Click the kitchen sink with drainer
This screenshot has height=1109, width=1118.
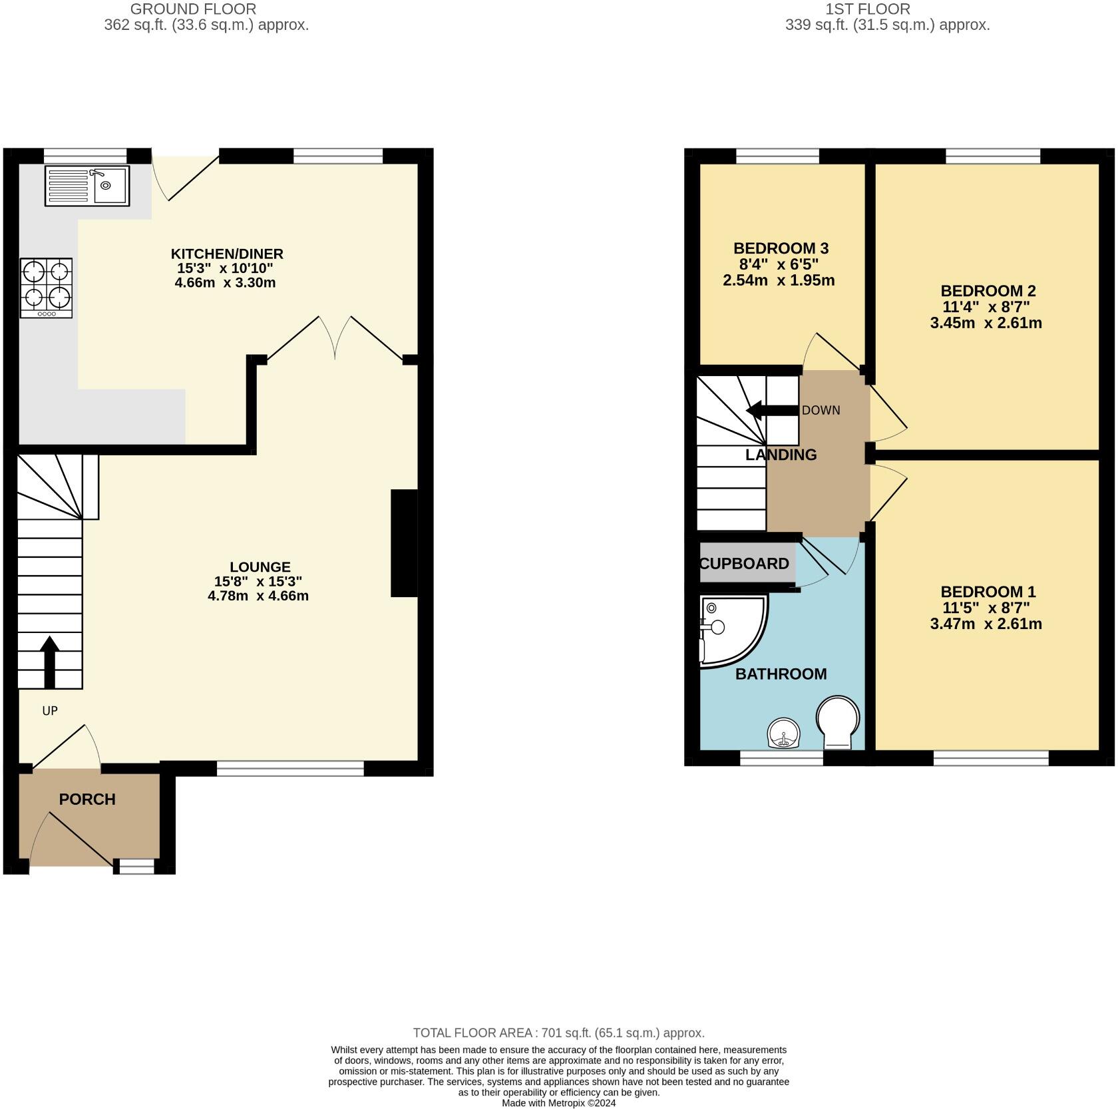(87, 186)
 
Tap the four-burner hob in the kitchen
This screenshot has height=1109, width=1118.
(46, 288)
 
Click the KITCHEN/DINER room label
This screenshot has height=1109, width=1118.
(227, 254)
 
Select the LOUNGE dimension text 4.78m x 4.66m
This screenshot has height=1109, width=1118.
(258, 596)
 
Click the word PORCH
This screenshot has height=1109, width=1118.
(87, 799)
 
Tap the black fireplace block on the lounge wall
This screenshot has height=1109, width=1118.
(403, 543)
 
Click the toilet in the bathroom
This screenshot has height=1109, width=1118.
(838, 722)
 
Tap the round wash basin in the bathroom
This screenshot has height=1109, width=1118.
(785, 734)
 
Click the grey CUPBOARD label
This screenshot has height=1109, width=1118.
(745, 564)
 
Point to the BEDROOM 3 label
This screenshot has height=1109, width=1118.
(781, 248)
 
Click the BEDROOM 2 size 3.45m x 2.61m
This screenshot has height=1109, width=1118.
(986, 324)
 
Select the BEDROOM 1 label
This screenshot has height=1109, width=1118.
(988, 592)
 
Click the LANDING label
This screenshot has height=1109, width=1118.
(781, 455)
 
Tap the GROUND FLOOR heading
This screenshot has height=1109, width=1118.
(193, 9)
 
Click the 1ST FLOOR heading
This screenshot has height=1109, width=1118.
(867, 9)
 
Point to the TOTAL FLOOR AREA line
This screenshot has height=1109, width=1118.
(558, 1033)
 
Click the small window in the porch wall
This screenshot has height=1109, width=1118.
(136, 866)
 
